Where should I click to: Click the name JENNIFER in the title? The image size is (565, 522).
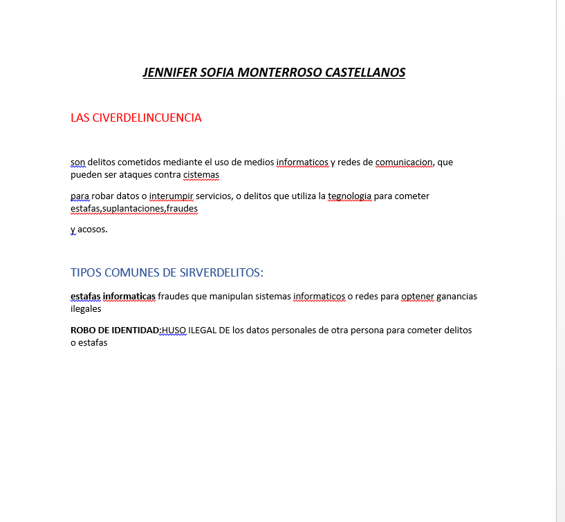point(168,73)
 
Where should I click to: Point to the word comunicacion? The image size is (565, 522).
point(404,162)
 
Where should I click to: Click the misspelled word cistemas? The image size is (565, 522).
point(201,175)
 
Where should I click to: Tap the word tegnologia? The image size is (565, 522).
point(350,196)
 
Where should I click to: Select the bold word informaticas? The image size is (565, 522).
point(129,297)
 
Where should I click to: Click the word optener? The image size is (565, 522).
point(418,297)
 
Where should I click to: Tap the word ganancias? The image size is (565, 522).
point(457,297)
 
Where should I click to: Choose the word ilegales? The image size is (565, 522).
point(86,309)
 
